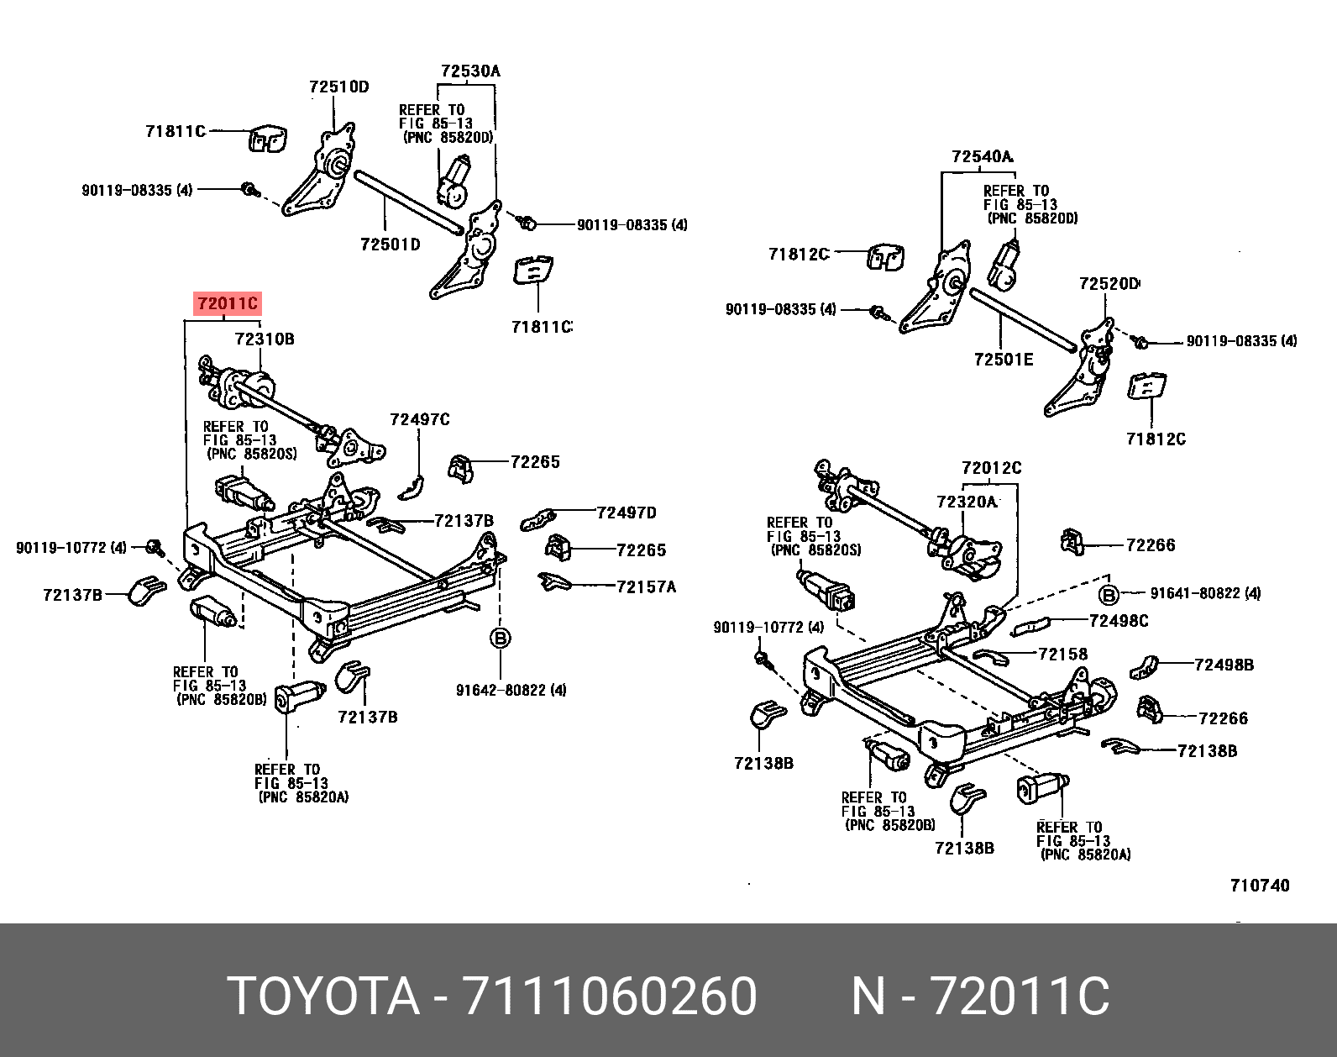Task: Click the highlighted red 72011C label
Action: point(228,304)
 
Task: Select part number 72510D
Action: point(338,87)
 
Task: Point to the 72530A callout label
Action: point(469,71)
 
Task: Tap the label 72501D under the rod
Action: point(390,245)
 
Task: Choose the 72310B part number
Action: point(265,339)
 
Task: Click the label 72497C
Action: point(420,418)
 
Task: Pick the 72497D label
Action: point(626,513)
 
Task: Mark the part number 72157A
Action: point(646,586)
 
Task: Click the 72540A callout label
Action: point(982,156)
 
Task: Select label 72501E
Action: point(1004,360)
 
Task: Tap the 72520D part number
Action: point(1109,284)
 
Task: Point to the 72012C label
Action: point(991,468)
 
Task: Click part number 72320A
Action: point(966,502)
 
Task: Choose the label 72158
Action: point(1062,653)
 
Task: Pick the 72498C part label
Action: point(1119,621)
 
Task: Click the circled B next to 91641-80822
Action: point(1109,594)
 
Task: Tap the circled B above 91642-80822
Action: point(500,639)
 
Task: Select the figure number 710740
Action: point(1260,885)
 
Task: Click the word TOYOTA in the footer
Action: point(323,997)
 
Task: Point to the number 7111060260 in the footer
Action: point(611,997)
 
